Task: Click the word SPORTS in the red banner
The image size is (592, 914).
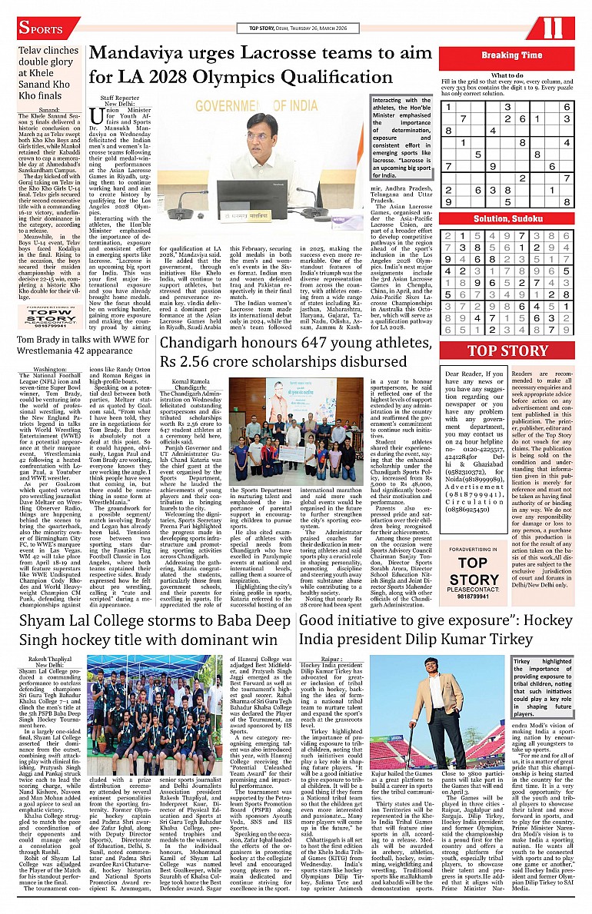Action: (x=42, y=28)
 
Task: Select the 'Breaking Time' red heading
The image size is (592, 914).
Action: (x=511, y=55)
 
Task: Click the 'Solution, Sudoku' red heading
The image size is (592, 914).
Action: (x=511, y=218)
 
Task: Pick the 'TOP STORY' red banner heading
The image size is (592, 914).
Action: (x=508, y=351)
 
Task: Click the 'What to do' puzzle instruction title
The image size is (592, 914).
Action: (x=507, y=75)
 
